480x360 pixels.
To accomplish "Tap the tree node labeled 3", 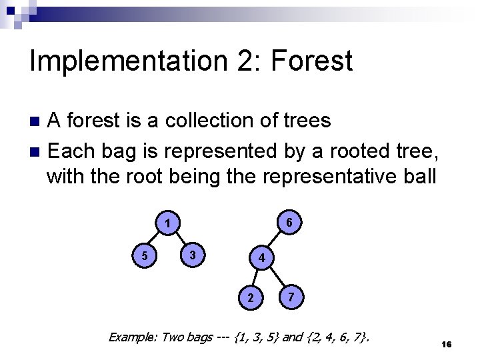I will (192, 255).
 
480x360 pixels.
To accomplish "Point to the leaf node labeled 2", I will (250, 297).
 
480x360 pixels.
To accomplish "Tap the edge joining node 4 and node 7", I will (277, 277).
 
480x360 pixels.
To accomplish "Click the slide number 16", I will (447, 344).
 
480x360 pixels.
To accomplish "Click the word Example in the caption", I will (132, 337).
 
